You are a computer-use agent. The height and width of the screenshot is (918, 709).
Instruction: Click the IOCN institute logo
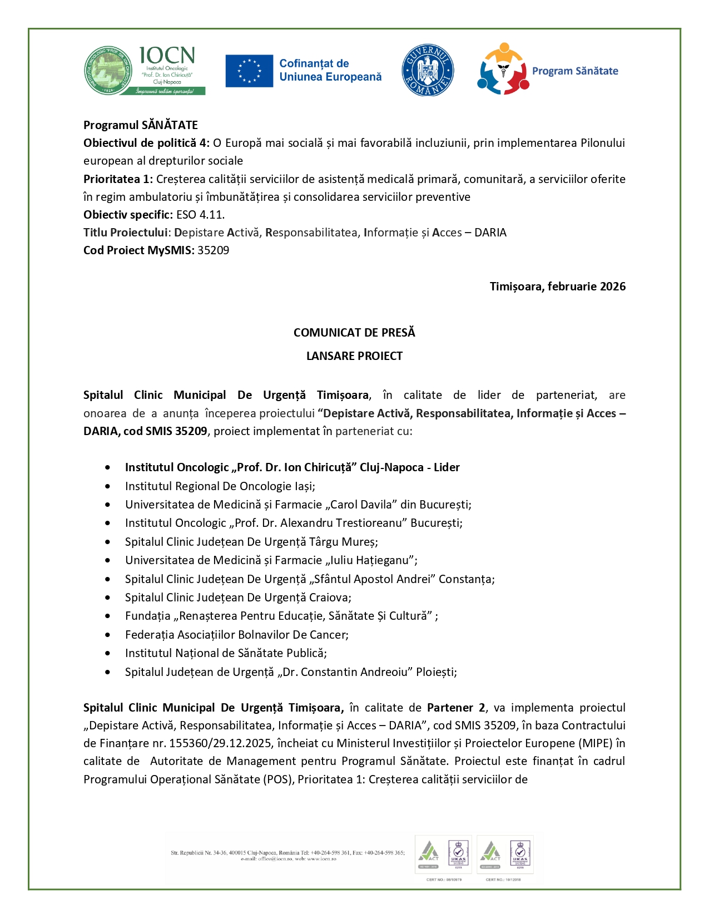click(145, 71)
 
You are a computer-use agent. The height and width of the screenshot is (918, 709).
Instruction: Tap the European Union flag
click(249, 71)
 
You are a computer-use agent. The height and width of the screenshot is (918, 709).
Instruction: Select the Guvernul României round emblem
click(428, 71)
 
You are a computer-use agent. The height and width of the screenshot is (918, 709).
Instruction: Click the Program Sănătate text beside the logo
click(575, 71)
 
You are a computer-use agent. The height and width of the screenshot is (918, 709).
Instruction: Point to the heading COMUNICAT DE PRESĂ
click(354, 333)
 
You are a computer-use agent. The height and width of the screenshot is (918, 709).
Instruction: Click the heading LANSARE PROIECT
click(354, 356)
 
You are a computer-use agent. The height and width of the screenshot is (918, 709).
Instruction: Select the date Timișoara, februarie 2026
click(557, 287)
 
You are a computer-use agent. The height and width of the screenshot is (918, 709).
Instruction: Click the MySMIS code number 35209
click(214, 250)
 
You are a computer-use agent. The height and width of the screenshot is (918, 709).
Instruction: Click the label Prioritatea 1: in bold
click(118, 179)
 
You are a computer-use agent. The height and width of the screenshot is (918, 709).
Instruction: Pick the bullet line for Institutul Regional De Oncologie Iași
click(220, 486)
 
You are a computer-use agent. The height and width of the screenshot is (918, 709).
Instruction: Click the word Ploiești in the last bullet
click(437, 672)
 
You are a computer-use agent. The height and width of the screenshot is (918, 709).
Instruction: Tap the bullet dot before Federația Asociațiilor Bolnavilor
click(107, 635)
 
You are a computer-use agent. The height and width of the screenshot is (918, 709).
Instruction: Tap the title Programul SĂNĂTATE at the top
click(141, 125)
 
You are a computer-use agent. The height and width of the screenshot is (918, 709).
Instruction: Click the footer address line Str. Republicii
click(287, 852)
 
